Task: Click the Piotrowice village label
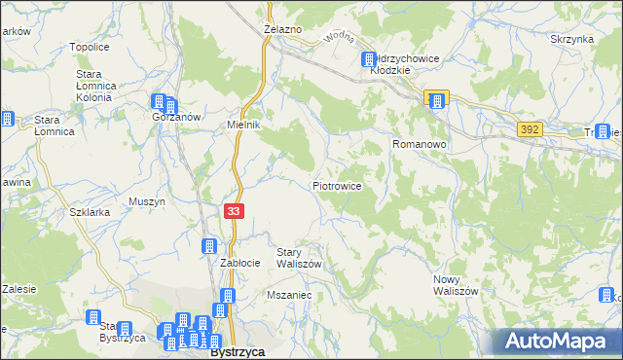pyautogui.click(x=338, y=185)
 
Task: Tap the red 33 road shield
pyautogui.click(x=235, y=211)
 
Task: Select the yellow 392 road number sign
pyautogui.click(x=530, y=128)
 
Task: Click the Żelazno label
pyautogui.click(x=282, y=30)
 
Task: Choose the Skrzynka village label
pyautogui.click(x=571, y=39)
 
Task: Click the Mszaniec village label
pyautogui.click(x=288, y=294)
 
